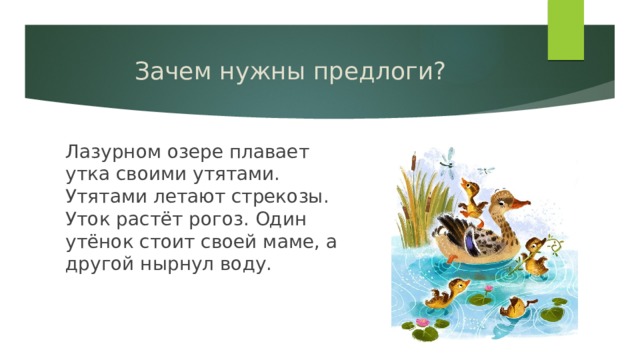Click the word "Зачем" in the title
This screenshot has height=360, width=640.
click(x=166, y=73)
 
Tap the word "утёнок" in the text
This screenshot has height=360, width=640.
click(x=99, y=241)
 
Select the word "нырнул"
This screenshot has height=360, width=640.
click(x=176, y=264)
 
